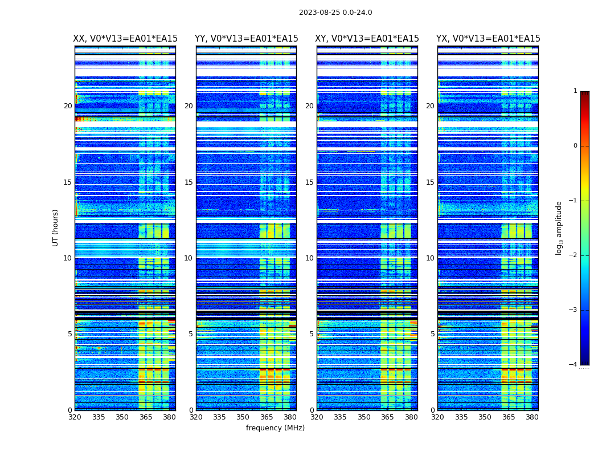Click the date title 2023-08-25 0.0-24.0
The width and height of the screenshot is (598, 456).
pyautogui.click(x=335, y=13)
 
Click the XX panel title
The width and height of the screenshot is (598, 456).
pyautogui.click(x=125, y=39)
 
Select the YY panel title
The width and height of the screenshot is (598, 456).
pyautogui.click(x=246, y=39)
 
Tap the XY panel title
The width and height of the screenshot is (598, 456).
pyautogui.click(x=367, y=39)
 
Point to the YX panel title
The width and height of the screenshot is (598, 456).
pyautogui.click(x=488, y=39)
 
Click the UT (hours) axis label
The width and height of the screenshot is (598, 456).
pyautogui.click(x=55, y=227)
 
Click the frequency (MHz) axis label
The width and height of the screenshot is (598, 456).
pyautogui.click(x=275, y=428)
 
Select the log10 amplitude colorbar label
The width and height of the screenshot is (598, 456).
pyautogui.click(x=559, y=227)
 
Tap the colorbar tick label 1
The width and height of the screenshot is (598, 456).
pyautogui.click(x=575, y=91)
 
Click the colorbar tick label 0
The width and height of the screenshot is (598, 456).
pyautogui.click(x=575, y=146)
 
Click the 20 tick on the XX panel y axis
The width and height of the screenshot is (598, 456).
pyautogui.click(x=68, y=106)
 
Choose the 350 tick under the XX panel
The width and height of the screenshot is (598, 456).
pyautogui.click(x=122, y=417)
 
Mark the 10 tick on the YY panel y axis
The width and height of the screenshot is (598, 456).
pyautogui.click(x=189, y=258)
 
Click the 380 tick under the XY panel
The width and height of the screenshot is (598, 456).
pyautogui.click(x=411, y=417)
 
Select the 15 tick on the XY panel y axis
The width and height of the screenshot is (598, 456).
pyautogui.click(x=309, y=182)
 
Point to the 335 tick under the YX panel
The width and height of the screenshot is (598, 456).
pyautogui.click(x=461, y=417)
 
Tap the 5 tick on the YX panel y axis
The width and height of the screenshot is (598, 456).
pyautogui.click(x=432, y=334)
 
